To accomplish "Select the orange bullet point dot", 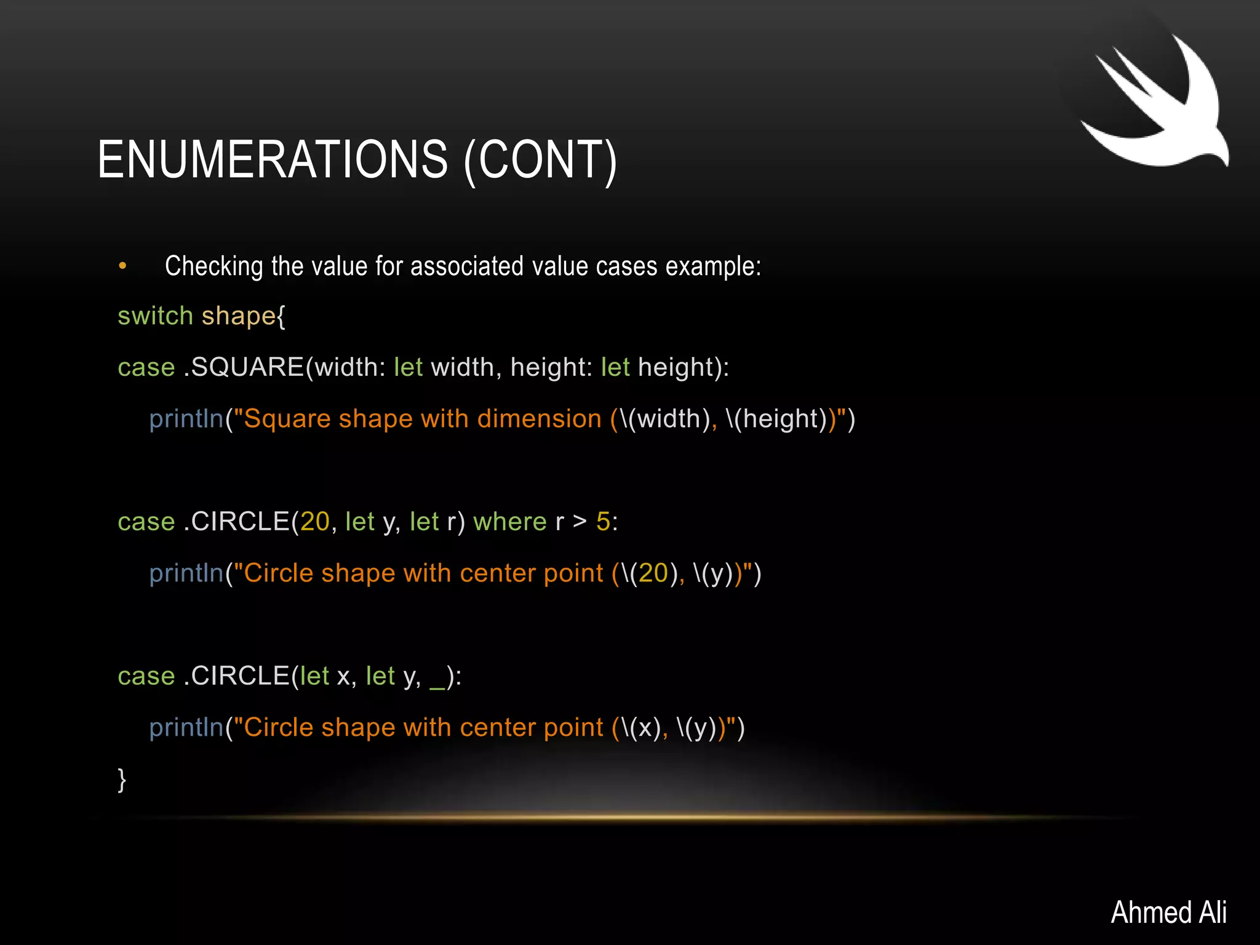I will coord(122,266).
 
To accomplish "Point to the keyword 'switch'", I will coord(155,316).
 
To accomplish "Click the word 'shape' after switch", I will coord(238,316).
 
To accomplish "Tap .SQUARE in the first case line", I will coord(244,367).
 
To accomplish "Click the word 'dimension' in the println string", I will coord(539,419).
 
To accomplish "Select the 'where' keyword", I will coord(509,522).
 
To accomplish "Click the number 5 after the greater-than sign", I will coord(603,522).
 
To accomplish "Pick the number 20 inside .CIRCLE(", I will coord(315,522).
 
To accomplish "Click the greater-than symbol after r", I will coord(579,522).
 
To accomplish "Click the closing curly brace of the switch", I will coord(122,780).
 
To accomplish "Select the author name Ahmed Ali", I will coord(1168,912).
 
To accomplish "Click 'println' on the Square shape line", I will coord(186,419).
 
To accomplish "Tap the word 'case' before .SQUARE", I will coord(146,367).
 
